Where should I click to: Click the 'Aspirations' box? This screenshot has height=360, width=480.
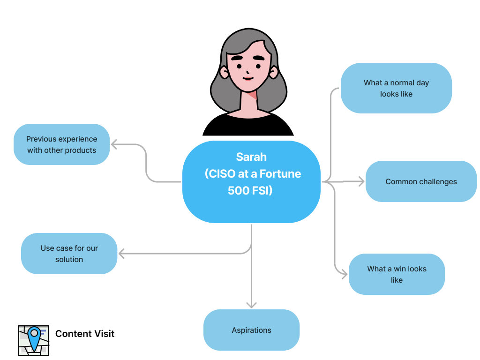coord(251,330)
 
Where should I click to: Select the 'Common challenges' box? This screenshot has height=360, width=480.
coord(420,181)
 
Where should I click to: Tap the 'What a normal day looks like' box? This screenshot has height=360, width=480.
coord(396,88)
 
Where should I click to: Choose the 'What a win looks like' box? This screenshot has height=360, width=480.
coord(397,274)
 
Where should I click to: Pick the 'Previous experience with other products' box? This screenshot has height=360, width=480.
coord(61,144)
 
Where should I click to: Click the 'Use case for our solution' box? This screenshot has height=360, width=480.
coord(69,254)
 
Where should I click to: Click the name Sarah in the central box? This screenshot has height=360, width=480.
coord(251,157)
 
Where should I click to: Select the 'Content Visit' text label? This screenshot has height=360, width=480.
coord(85,334)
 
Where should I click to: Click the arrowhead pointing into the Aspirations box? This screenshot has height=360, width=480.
coord(251,305)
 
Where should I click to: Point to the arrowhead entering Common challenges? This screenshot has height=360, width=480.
coord(361,181)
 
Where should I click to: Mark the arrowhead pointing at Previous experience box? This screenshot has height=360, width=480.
coord(114,144)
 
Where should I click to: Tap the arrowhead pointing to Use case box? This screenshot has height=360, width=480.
coord(121,254)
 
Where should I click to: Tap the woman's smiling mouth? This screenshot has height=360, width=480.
coord(248,79)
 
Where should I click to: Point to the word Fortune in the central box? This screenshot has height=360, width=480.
coord(280,174)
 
